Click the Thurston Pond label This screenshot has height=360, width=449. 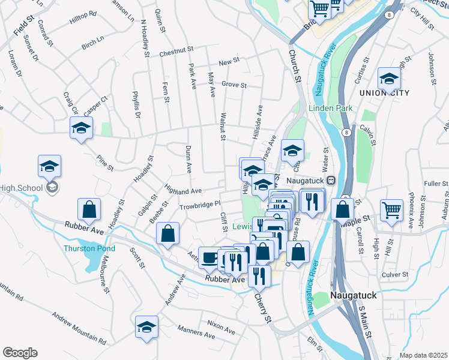(89, 248)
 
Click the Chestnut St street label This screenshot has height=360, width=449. (178, 53)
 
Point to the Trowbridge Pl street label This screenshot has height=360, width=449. (200, 206)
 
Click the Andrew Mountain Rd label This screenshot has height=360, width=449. (79, 328)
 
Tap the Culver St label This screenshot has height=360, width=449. (395, 274)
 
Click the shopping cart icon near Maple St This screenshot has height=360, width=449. (391, 210)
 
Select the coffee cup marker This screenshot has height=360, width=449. (209, 257)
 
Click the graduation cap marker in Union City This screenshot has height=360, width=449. (389, 79)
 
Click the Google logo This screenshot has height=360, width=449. (20, 353)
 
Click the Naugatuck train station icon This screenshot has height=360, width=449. (330, 180)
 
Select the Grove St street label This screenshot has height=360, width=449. (234, 85)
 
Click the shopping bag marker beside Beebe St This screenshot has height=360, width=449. (169, 233)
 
